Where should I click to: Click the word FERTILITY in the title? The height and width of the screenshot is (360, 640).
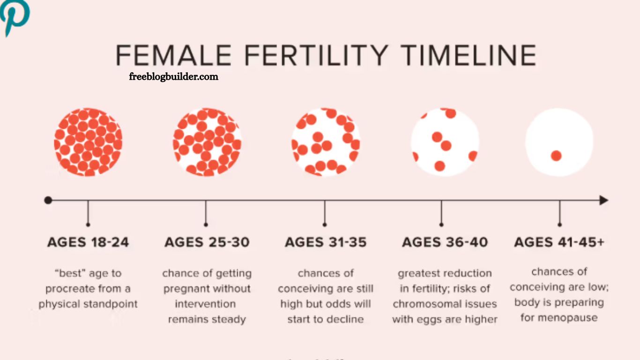coord(316,55)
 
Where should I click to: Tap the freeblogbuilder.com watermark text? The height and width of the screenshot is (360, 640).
coord(173,76)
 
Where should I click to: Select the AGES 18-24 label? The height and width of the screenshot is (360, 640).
coord(88,242)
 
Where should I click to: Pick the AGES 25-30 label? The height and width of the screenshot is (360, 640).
coord(207,242)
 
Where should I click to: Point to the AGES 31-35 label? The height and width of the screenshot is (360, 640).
coord(326,242)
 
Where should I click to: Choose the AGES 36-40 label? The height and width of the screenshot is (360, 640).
coord(445,242)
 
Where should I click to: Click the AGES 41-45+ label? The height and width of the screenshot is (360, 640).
coord(559,242)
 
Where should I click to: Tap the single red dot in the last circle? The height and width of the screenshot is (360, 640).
coord(556,156)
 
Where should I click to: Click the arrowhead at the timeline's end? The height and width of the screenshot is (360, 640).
coord(604,200)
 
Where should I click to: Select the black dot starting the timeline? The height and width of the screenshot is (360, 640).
coord(48,200)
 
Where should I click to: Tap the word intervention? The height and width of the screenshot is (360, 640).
coord(205,304)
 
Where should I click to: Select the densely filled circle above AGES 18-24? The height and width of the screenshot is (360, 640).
coord(88,142)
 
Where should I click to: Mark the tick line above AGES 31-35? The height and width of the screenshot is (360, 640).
coord(325,213)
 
